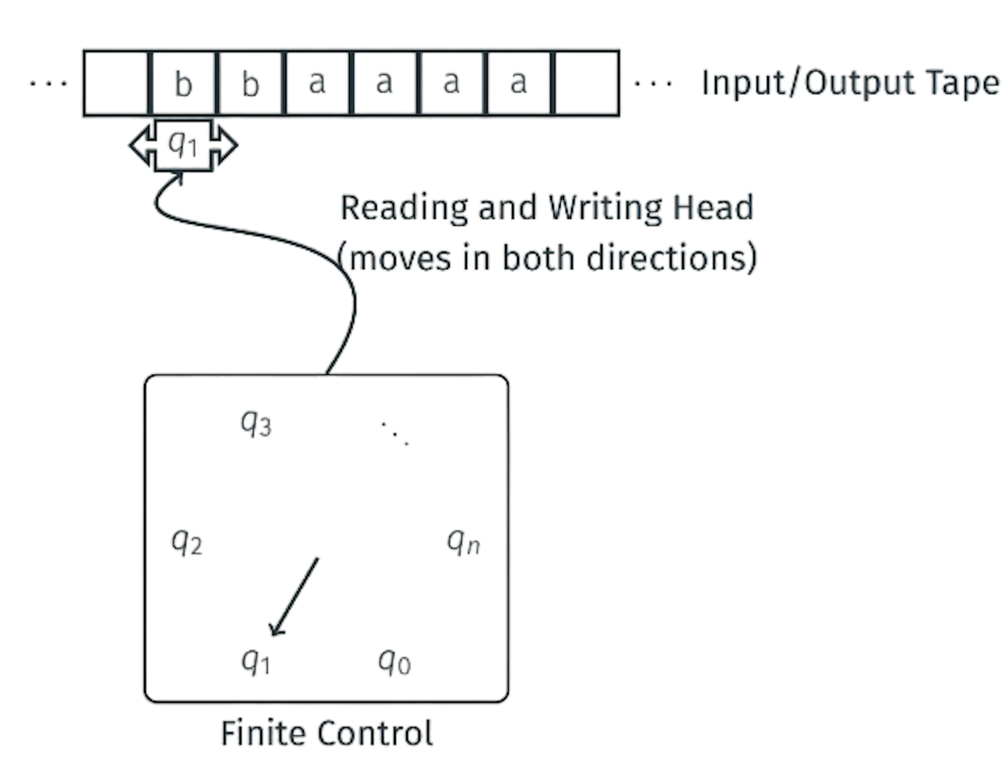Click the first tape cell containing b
coord(183,83)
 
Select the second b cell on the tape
coord(250,83)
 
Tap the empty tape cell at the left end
coord(117,83)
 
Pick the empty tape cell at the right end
coord(586,83)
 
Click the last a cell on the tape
coord(518,83)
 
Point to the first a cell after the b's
coord(317,83)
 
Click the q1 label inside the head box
coord(183,145)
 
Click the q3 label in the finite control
coord(256,423)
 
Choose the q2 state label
coord(187,542)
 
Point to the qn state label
coord(463,542)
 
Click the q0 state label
coord(394,663)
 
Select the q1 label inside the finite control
coord(256,663)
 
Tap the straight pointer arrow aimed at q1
coord(294,597)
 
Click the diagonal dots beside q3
coord(395,434)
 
